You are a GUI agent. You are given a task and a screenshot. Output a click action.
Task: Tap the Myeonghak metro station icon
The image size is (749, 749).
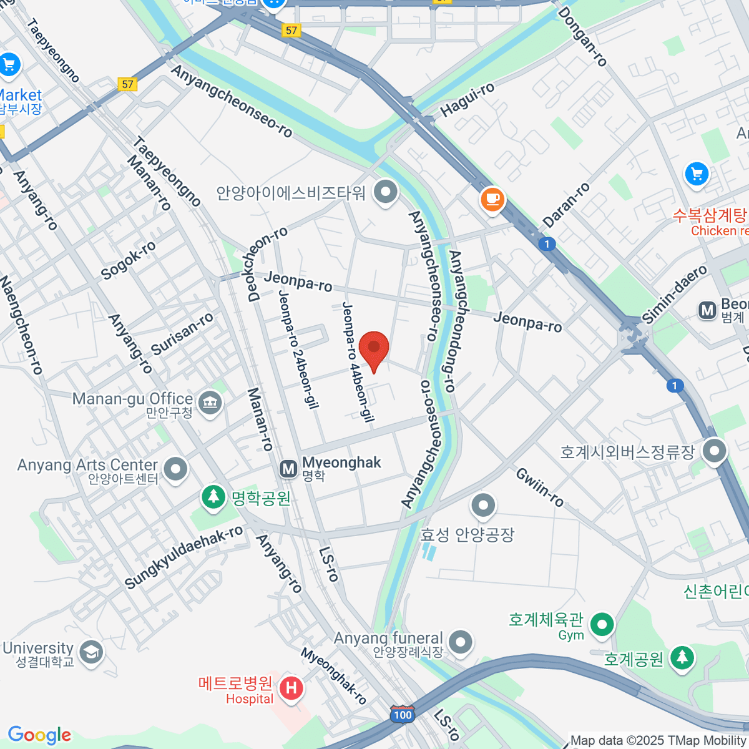(x=288, y=469)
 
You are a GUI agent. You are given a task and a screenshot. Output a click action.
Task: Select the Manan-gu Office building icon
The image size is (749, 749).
(x=210, y=403)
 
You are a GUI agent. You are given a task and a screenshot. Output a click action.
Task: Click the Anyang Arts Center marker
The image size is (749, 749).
(x=175, y=470)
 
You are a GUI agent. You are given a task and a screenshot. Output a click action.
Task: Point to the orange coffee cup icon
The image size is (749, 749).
(x=492, y=199)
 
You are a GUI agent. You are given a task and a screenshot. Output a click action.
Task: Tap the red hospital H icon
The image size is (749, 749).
(x=291, y=688)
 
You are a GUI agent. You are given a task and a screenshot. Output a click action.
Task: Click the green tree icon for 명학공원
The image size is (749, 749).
(x=214, y=497)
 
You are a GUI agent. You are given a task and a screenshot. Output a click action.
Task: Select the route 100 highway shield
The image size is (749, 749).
(x=403, y=715)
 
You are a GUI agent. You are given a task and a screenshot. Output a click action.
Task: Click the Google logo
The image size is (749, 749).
(x=39, y=735)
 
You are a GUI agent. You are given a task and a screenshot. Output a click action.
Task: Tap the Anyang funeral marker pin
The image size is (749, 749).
(x=461, y=642)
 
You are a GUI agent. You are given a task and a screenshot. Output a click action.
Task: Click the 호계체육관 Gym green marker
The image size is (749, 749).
(x=602, y=624)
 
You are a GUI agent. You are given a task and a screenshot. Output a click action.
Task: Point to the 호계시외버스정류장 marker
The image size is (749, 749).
(x=714, y=450)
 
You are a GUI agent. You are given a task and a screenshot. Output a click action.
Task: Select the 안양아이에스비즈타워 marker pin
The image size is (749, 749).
(x=385, y=191)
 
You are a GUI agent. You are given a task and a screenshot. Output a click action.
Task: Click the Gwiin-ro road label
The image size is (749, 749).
(x=540, y=487)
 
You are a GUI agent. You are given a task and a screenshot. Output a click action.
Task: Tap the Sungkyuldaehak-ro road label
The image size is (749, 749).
(x=184, y=557)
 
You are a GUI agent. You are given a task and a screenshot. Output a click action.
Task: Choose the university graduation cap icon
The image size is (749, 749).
(x=92, y=652)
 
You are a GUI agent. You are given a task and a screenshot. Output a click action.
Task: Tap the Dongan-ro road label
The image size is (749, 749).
(x=582, y=37)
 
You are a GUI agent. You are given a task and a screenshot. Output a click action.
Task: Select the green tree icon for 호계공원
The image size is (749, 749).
(x=682, y=657)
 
